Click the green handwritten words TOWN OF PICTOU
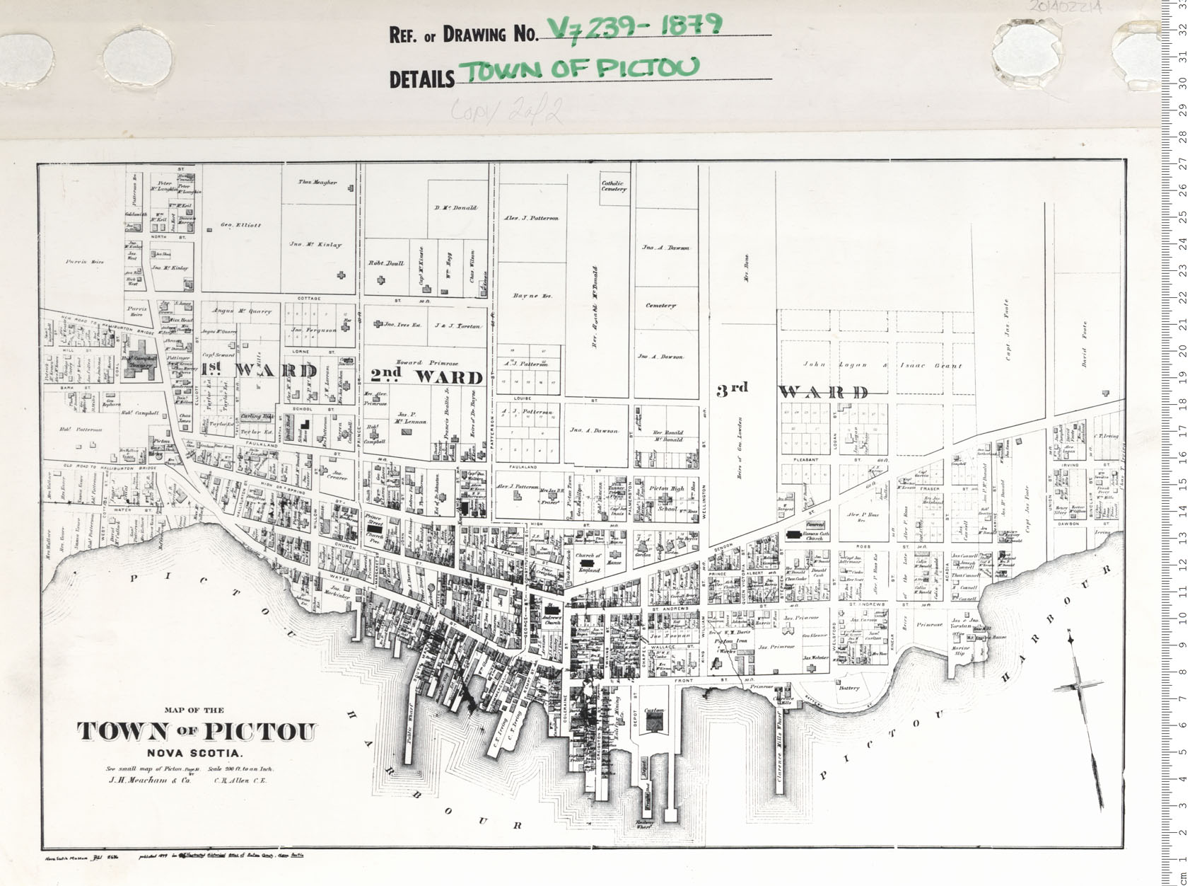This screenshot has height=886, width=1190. coord(580,69)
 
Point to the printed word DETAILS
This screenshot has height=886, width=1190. coord(421,79)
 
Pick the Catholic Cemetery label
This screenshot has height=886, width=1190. coord(614,185)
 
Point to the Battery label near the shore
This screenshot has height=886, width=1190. coord(848,688)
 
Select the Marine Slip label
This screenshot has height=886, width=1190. coord(960,650)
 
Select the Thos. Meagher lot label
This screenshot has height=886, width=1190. coord(317,183)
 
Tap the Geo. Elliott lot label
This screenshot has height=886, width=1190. coord(240,225)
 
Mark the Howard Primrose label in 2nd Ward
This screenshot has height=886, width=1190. coord(428,363)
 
